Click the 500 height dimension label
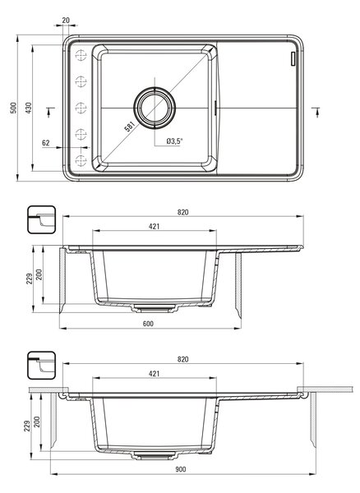[13, 108]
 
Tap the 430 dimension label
[28, 108]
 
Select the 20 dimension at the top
[66, 21]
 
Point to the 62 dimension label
[46, 143]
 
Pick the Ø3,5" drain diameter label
[174, 141]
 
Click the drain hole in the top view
[155, 108]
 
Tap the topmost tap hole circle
[81, 55]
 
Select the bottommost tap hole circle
[81, 161]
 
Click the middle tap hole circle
[81, 108]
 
